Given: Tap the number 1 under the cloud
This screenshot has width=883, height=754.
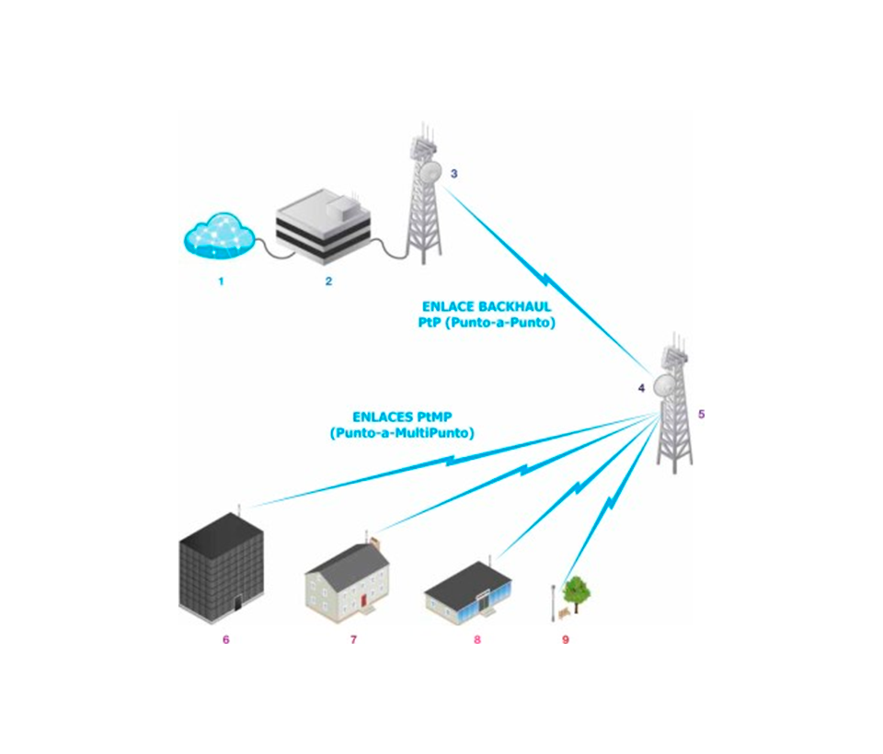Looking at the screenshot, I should tap(221, 281).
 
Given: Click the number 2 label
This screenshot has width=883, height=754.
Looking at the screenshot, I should tap(328, 281).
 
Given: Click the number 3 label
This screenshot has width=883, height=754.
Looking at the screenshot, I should tap(453, 173).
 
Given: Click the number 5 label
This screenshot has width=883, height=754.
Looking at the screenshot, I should tap(702, 414).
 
